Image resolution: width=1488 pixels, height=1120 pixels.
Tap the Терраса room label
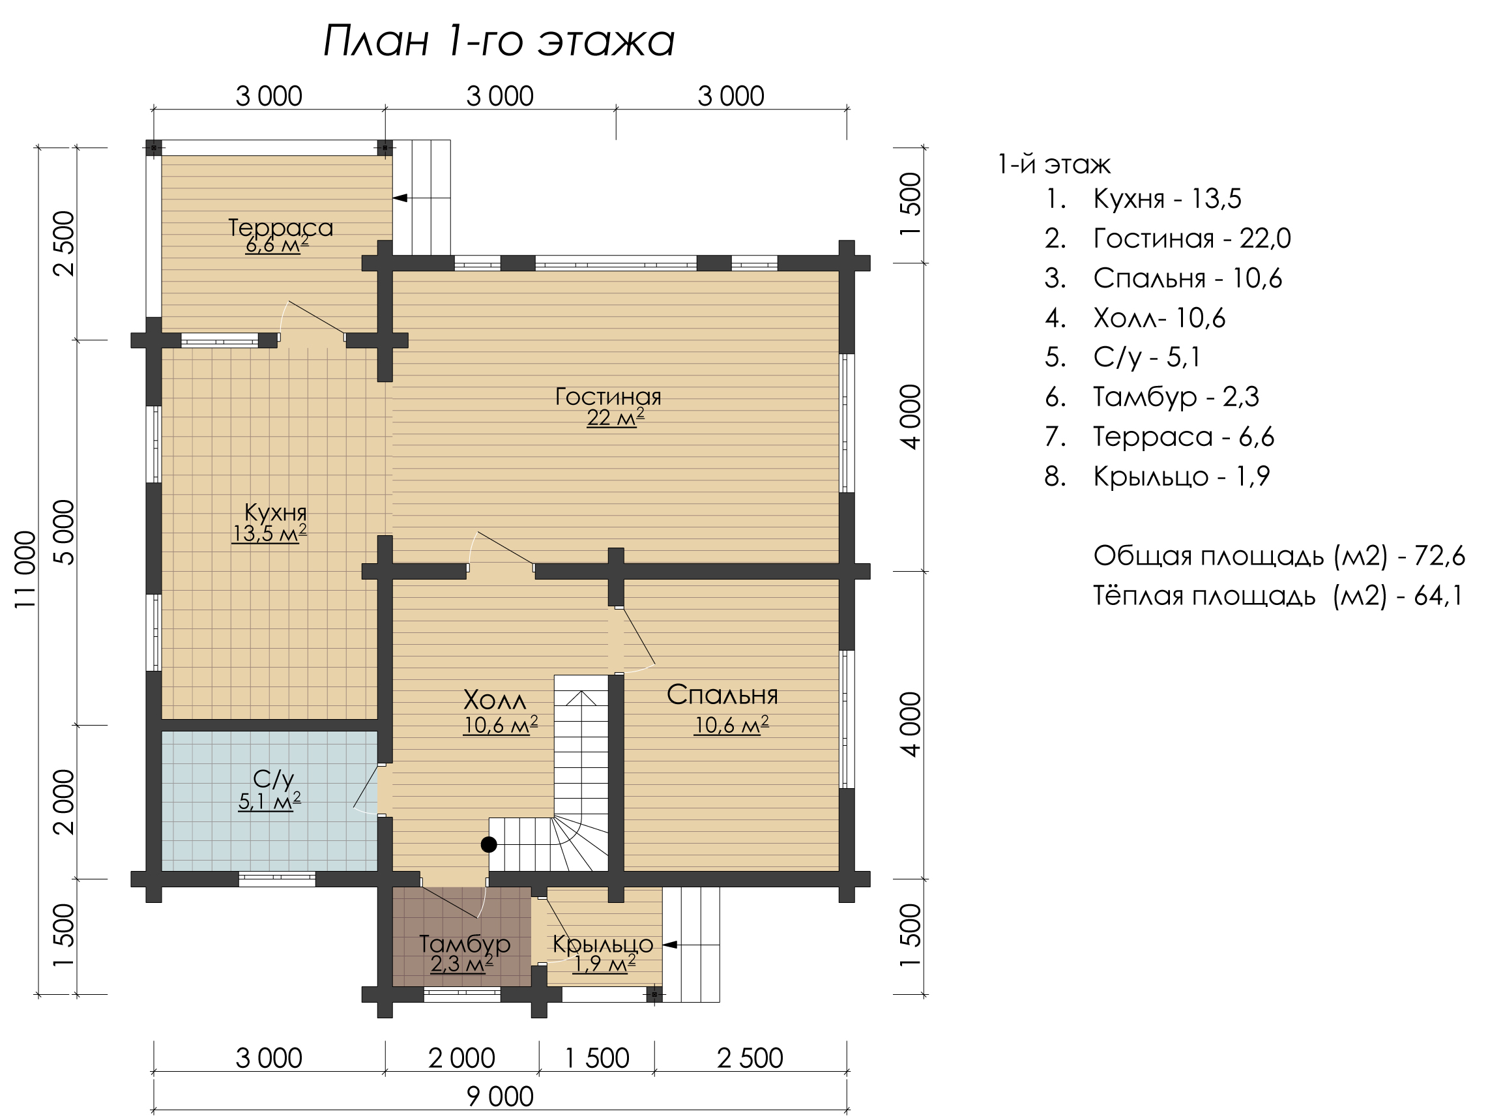coord(280,228)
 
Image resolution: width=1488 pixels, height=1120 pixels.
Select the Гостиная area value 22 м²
coord(615,418)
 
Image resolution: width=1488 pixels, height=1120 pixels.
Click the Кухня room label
coord(275,512)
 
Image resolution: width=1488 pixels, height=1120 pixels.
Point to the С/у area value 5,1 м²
coord(269,801)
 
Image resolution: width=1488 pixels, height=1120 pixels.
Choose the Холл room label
coord(495,700)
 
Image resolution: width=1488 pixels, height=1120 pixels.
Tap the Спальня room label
coord(722,695)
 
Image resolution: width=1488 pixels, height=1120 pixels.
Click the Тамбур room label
coord(464,944)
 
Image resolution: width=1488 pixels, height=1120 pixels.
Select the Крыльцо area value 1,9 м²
coord(604,964)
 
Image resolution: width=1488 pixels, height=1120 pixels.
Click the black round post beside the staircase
coord(489,844)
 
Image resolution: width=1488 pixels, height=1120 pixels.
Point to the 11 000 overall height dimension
coord(25,570)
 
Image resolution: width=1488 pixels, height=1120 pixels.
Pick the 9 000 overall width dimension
coord(500,1097)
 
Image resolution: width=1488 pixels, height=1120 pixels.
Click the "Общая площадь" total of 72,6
coord(1279,556)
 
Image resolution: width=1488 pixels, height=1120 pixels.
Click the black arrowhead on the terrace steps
coord(400,198)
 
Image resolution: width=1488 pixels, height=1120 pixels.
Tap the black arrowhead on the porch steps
coord(670,945)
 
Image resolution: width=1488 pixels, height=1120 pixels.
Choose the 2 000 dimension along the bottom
coord(461,1058)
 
